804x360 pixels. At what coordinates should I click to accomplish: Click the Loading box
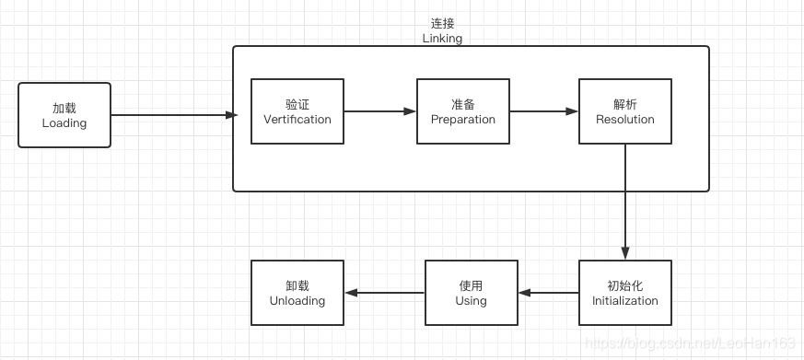[64, 115]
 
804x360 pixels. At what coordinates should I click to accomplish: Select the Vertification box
[297, 111]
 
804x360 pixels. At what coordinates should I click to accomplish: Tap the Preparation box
[462, 111]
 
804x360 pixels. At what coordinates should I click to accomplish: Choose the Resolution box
[624, 111]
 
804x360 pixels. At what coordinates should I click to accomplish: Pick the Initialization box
[624, 293]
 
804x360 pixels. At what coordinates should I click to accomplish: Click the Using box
[471, 293]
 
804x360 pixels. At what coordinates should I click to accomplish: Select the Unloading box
[297, 293]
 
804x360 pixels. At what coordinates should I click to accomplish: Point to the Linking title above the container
[442, 39]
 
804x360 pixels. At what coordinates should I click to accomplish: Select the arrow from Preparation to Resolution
[543, 111]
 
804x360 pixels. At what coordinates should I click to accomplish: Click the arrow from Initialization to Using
[549, 293]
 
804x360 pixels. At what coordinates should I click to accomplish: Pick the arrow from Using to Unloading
[384, 293]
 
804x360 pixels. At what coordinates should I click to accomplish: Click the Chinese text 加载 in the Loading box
[64, 108]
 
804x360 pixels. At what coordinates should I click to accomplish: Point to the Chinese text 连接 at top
[442, 23]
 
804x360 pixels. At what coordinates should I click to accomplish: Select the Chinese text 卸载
[297, 285]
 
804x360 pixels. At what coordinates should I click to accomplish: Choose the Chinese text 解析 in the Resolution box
[624, 104]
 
